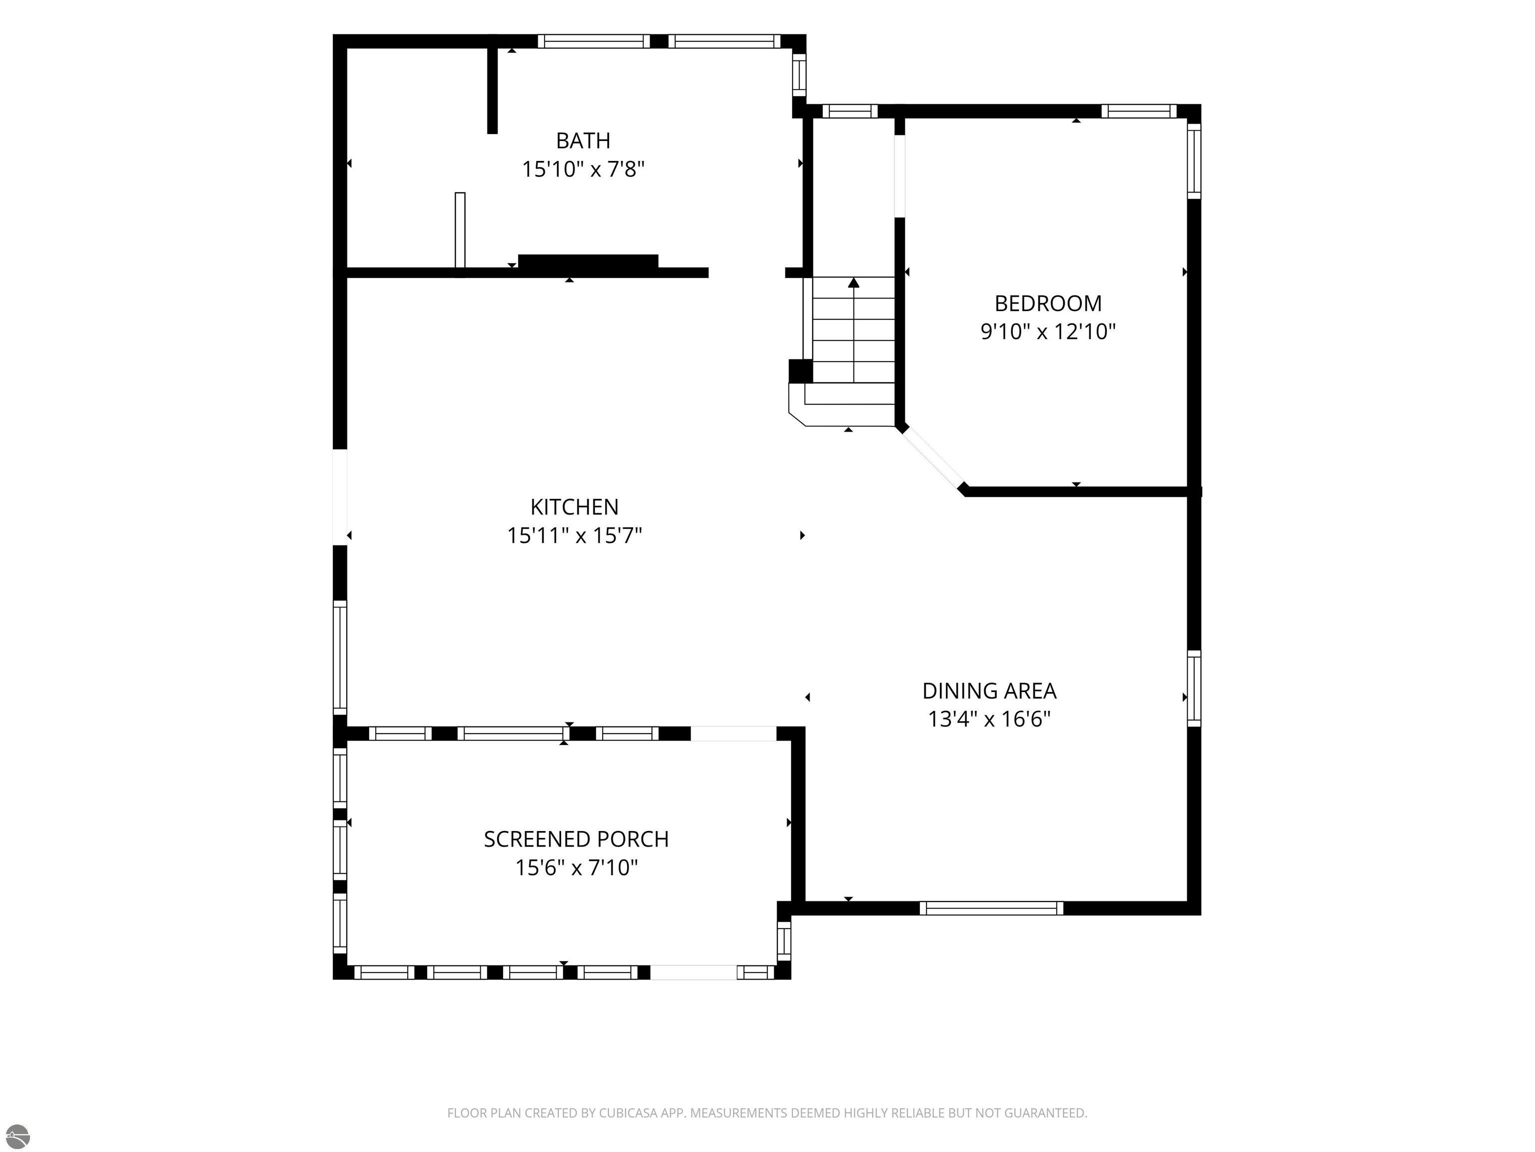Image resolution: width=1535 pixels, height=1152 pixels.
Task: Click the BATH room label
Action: point(583,140)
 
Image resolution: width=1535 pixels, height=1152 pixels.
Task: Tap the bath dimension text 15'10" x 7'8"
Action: point(583,168)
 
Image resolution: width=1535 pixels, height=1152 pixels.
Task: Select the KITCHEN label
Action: point(574,507)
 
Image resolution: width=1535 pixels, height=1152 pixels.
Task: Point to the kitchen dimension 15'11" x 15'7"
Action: point(574,535)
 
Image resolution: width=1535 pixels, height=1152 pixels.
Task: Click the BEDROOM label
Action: point(1048,303)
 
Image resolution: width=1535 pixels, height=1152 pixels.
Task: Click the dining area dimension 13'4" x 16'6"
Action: point(989,718)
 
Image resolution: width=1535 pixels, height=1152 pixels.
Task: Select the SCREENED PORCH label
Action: point(576,839)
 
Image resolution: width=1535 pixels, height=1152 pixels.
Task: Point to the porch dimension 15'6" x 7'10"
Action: point(576,867)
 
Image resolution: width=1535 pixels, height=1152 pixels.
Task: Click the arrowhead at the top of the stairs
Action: point(853,282)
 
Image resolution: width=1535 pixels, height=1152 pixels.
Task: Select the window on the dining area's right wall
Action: point(1194,688)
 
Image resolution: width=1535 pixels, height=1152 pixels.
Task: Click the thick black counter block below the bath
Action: point(588,262)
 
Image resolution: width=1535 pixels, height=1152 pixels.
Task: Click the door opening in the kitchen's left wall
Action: point(340,497)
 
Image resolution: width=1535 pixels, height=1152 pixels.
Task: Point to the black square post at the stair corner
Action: point(800,371)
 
